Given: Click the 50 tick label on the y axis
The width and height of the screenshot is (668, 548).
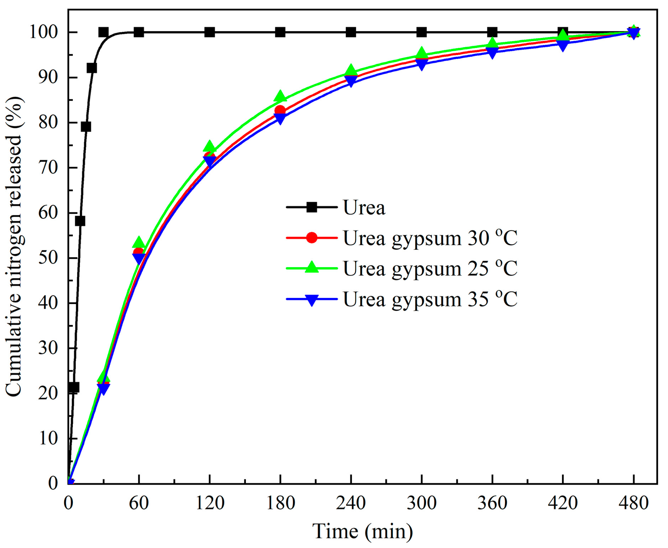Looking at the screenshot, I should (x=48, y=258).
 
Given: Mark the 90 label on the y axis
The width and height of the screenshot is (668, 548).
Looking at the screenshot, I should (x=48, y=77).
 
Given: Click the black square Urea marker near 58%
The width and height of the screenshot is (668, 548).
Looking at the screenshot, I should (x=80, y=221).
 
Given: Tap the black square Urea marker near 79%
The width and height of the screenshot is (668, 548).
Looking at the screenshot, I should (x=86, y=127).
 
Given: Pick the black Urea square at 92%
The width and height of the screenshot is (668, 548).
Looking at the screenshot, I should (x=92, y=68).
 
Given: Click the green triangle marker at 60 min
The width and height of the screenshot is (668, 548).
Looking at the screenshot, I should (x=139, y=242).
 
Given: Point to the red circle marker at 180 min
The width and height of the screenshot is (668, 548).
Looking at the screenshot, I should (x=280, y=110).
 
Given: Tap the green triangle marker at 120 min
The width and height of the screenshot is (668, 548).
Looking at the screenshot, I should (x=209, y=147).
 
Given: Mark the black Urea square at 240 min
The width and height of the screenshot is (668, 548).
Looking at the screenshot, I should (x=351, y=32).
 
